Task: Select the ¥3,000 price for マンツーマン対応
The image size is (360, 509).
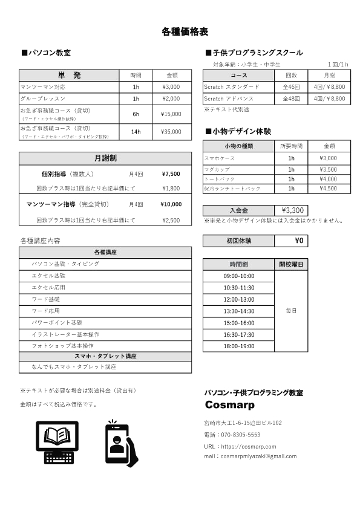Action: (x=171, y=86)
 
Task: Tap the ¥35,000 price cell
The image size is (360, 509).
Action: (x=171, y=131)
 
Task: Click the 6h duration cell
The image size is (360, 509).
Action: (x=136, y=114)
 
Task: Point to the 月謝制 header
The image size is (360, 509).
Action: (x=106, y=158)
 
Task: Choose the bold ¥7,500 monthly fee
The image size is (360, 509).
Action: (x=171, y=174)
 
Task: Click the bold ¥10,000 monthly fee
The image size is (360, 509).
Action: (x=171, y=204)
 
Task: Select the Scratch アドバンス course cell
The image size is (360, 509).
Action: (x=240, y=98)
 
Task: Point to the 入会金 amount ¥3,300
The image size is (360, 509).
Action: (x=292, y=210)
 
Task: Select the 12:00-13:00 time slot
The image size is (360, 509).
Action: (x=239, y=299)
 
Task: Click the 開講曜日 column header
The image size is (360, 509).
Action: (x=292, y=264)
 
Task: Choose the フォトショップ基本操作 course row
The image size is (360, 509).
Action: (x=62, y=346)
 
